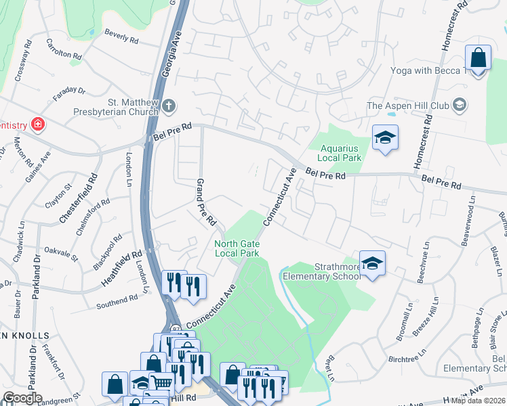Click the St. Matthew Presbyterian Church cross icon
click(169, 106)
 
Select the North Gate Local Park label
click(237, 248)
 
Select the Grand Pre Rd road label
click(205, 202)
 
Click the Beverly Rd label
click(121, 36)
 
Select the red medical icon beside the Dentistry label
click(38, 125)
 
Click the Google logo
click(22, 398)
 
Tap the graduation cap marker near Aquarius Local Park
click(385, 137)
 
